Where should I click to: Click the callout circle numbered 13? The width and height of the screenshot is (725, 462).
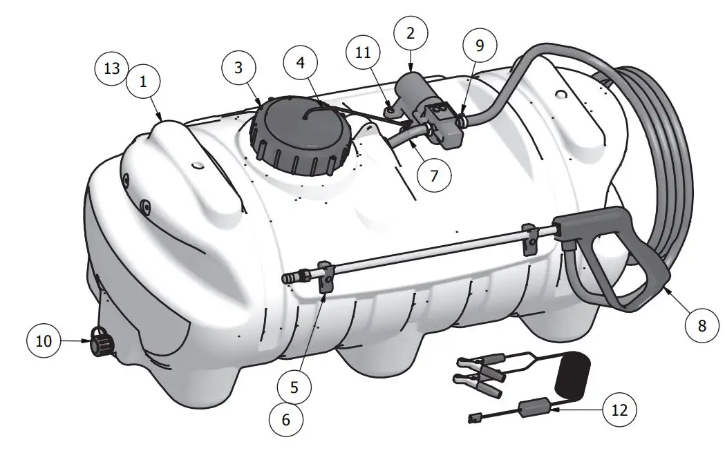pyautogui.click(x=112, y=69)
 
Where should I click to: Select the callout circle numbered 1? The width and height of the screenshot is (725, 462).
pyautogui.click(x=143, y=81)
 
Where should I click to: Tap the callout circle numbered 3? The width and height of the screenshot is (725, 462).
pyautogui.click(x=239, y=68)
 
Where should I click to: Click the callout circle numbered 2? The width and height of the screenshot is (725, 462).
pyautogui.click(x=411, y=32)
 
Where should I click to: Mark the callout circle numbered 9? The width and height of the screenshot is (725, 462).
pyautogui.click(x=479, y=46)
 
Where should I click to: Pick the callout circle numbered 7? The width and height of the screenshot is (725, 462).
pyautogui.click(x=433, y=175)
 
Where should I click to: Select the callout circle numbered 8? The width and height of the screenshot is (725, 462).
pyautogui.click(x=702, y=325)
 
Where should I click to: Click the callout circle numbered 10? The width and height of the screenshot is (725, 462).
pyautogui.click(x=44, y=341)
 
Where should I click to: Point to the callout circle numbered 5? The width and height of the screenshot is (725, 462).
pyautogui.click(x=294, y=387)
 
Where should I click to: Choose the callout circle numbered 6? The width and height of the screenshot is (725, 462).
pyautogui.click(x=285, y=419)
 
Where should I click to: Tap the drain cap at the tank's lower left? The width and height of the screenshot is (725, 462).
pyautogui.click(x=100, y=342)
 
